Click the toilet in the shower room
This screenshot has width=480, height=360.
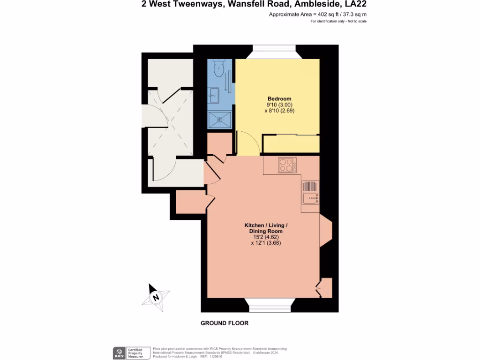click(219, 70)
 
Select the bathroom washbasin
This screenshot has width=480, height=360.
click(214, 95)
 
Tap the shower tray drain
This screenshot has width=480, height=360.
click(219, 119)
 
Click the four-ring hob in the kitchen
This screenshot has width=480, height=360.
click(287, 165)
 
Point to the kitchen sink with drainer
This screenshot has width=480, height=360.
click(310, 193)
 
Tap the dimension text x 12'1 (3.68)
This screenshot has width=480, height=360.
click(266, 243)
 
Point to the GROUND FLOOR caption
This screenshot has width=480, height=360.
click(225, 323)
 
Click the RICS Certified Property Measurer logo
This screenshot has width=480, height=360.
click(131, 353)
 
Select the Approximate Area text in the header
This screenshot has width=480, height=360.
click(317, 15)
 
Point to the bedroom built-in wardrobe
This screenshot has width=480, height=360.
click(291, 144)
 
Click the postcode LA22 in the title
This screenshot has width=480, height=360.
click(355, 5)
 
